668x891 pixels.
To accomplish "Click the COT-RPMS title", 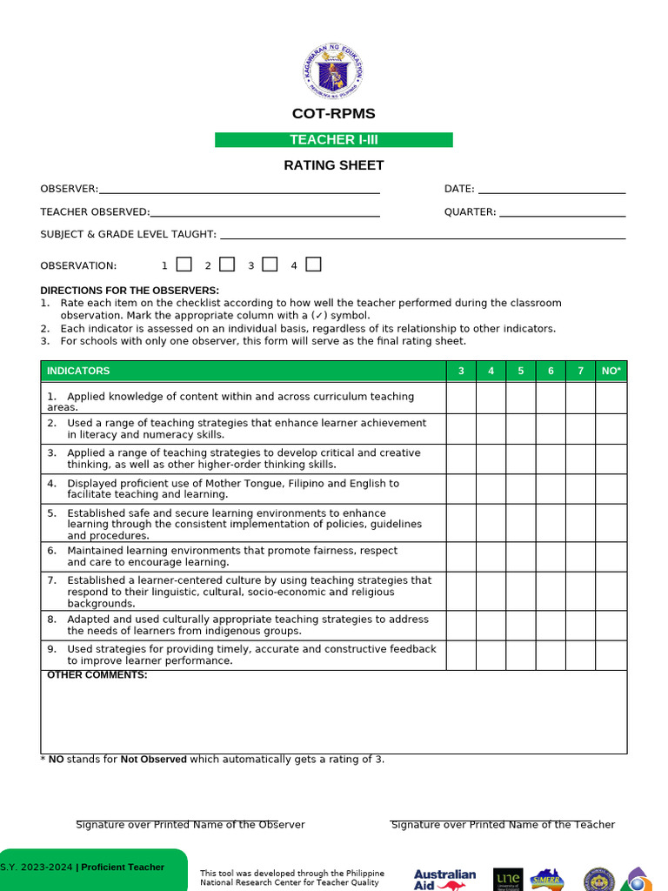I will (334, 114).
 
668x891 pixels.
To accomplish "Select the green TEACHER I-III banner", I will (334, 140).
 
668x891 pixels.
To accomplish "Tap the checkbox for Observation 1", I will (184, 265).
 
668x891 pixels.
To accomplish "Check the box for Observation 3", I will (270, 265).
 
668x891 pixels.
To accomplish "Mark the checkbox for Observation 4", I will (313, 265).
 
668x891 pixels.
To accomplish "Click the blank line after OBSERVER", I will (239, 189).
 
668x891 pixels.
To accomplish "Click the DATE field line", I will (551, 189).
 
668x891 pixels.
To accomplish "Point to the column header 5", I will (521, 372).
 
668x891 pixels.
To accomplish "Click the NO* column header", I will (611, 372).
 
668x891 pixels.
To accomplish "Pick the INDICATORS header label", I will (78, 372).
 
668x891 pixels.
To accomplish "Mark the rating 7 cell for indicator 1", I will (580, 399).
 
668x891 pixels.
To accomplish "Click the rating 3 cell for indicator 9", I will (461, 655).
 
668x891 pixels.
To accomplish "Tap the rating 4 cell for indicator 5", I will (491, 523).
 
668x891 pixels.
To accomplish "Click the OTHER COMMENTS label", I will (97, 675).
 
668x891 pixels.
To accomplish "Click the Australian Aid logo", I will (444, 879).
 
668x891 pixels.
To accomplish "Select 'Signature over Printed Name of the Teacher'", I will (503, 825).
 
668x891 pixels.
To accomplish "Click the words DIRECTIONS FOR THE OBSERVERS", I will (130, 291).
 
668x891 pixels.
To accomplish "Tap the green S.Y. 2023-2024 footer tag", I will (91, 868).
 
